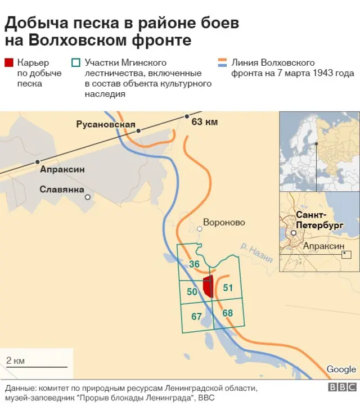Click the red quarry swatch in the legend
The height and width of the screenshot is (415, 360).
(10, 63)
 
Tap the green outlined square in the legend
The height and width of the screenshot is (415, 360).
(76, 63)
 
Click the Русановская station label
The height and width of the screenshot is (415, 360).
(106, 124)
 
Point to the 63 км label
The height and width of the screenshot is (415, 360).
(205, 121)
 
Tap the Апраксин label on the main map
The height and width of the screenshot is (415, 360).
(62, 169)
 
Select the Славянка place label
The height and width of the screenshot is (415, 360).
(61, 190)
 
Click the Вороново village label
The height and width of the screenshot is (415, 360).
(224, 222)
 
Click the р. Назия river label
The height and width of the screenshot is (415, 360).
(256, 253)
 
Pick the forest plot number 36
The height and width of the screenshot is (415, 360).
(195, 264)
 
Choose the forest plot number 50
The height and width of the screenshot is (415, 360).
(192, 291)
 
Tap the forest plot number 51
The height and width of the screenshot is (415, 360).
(228, 287)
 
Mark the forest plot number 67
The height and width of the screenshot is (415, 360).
(196, 317)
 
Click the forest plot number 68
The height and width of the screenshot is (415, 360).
(227, 313)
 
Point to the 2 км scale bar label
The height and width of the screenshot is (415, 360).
(15, 360)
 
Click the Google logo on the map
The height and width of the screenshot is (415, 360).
(341, 369)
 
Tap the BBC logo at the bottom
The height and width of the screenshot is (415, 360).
(342, 387)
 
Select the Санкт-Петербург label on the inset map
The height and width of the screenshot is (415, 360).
(319, 220)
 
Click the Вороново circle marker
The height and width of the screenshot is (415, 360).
(200, 228)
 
